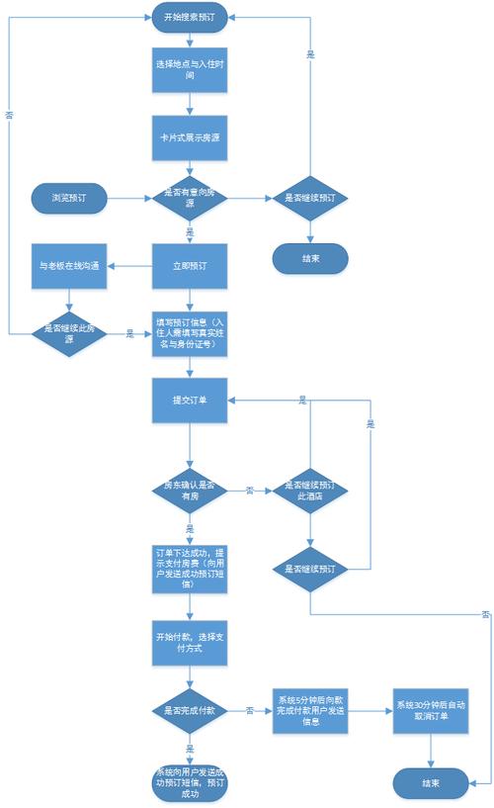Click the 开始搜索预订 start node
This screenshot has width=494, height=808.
[190, 16]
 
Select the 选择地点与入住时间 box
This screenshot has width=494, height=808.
[190, 69]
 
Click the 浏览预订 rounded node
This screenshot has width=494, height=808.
[68, 198]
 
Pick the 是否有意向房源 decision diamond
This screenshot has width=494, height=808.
[190, 198]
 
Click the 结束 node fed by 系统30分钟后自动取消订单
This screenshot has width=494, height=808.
[431, 782]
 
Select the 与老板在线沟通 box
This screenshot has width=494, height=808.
[68, 266]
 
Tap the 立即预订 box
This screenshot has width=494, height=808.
[190, 266]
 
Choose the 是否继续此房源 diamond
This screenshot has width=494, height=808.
[68, 333]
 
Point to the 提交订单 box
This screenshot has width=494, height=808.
[190, 401]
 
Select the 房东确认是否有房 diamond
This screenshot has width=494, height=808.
[190, 491]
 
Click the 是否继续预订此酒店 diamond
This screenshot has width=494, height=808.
[310, 491]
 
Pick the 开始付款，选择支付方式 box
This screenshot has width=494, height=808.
[190, 640]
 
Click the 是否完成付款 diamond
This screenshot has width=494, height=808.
[190, 710]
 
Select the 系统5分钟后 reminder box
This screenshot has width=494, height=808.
[310, 710]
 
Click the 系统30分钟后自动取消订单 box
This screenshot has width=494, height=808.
[431, 710]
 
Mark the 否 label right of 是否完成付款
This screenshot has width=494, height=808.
[249, 710]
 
